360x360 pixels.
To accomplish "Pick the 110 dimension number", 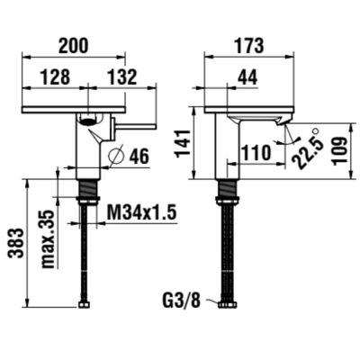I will pos(256,154).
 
